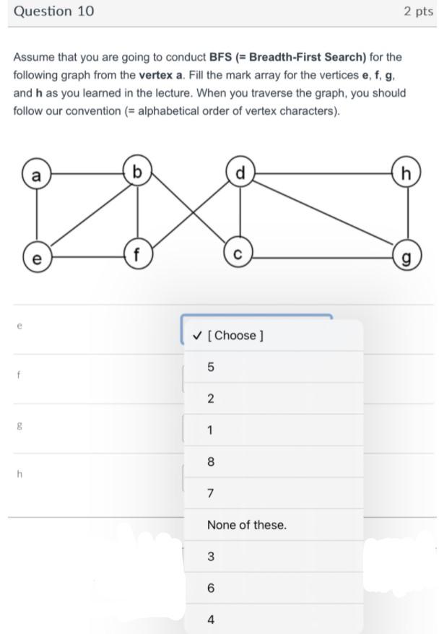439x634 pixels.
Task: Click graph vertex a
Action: point(36,175)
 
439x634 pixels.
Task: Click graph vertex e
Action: point(36,256)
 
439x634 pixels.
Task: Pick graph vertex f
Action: point(137,255)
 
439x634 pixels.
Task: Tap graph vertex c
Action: point(239,255)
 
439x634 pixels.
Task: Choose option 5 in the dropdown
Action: point(211,367)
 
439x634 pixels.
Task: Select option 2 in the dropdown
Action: point(211,399)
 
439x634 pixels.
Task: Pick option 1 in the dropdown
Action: point(211,430)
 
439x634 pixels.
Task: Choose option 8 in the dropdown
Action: point(211,462)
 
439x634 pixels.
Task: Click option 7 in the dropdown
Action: point(211,494)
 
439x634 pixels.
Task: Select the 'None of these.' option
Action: point(246,525)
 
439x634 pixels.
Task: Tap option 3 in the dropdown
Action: point(211,557)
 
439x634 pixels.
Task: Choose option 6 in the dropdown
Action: point(211,589)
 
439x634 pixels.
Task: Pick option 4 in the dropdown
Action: point(211,620)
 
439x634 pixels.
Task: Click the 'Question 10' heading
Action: point(53,12)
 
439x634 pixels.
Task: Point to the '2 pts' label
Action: point(418,12)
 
